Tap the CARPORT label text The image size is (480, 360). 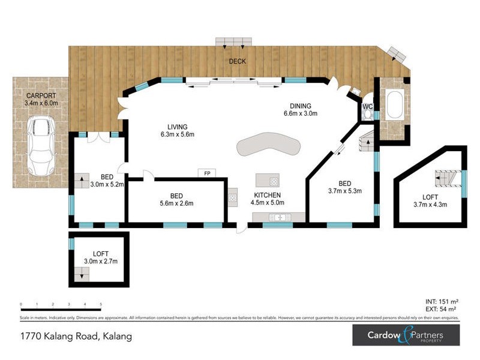(x=41, y=99)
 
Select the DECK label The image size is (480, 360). (x=237, y=62)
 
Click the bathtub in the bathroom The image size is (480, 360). (x=395, y=104)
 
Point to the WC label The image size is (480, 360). (x=368, y=107)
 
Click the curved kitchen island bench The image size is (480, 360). (x=268, y=146)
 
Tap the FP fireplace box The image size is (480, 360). (x=207, y=173)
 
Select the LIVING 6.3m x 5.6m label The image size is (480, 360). (x=178, y=130)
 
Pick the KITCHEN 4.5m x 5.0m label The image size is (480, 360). (x=268, y=199)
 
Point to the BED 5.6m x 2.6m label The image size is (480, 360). (x=176, y=199)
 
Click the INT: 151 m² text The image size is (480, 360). (x=441, y=301)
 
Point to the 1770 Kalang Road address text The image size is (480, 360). (x=76, y=337)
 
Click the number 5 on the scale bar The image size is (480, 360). (x=101, y=305)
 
